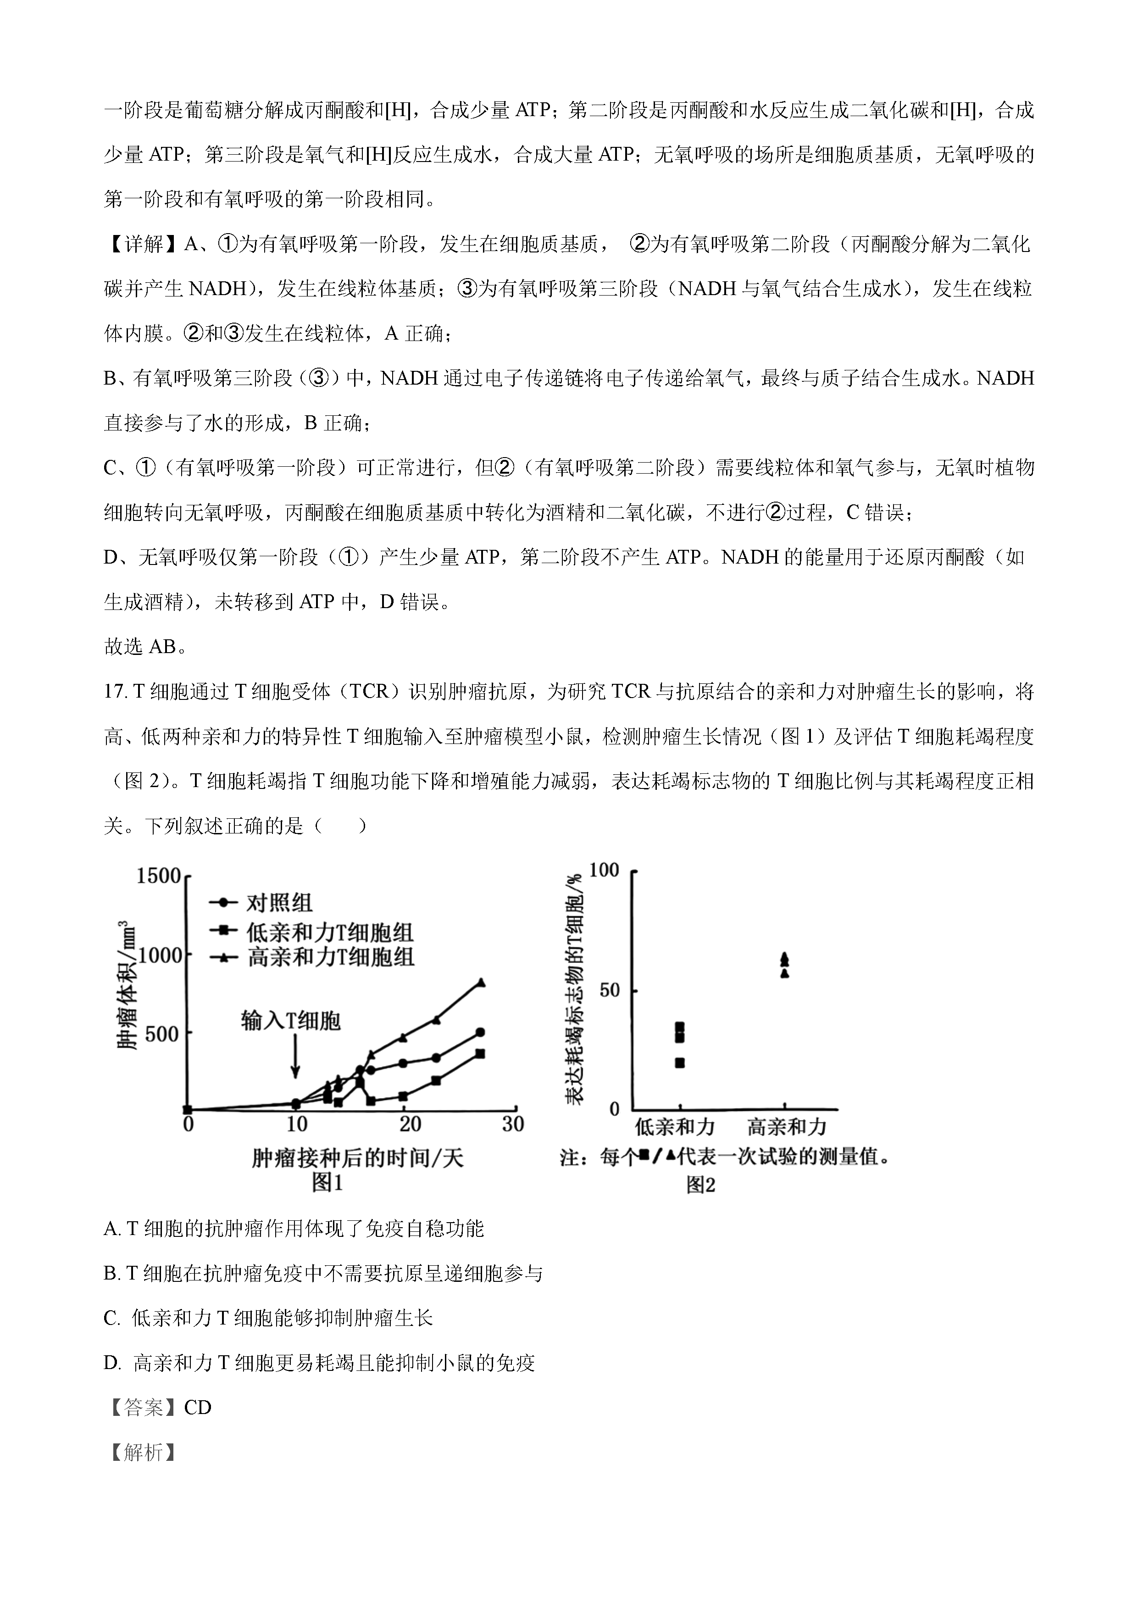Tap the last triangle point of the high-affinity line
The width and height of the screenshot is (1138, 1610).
tap(481, 983)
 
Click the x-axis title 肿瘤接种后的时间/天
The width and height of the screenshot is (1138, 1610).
tap(357, 1158)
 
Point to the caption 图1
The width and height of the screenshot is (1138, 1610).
tap(327, 1183)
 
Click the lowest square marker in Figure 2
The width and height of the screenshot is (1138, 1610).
tap(679, 1063)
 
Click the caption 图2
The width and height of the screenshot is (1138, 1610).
tap(701, 1185)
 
